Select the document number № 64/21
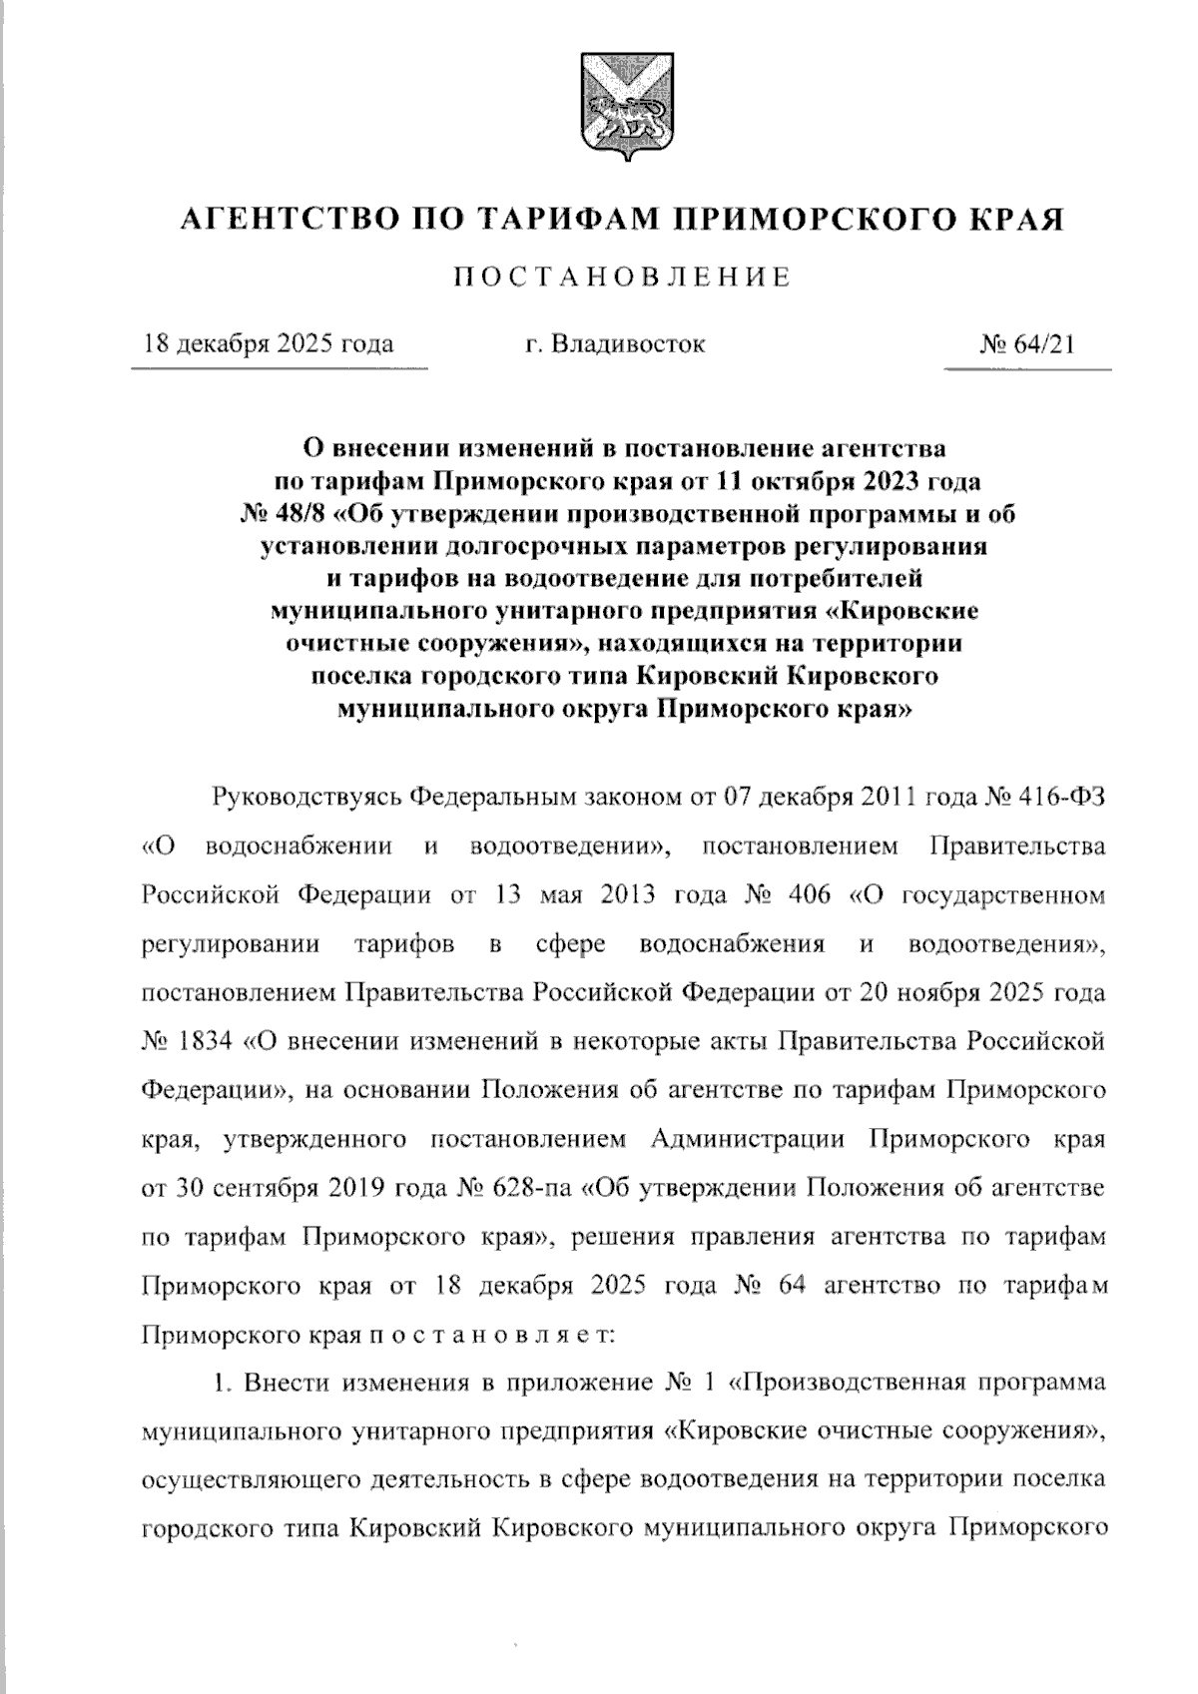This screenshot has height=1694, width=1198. pos(1027,344)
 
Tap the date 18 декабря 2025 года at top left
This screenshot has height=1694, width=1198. pos(268,344)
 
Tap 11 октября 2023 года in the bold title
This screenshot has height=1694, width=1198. pos(849,481)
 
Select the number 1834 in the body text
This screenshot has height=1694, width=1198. pos(206,1041)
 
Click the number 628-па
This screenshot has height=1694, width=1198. pos(533,1189)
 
